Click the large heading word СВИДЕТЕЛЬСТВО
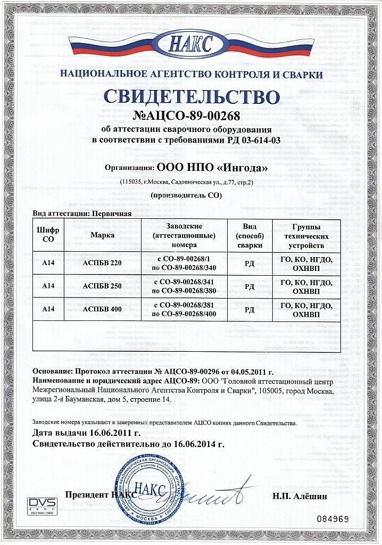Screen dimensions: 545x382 [191, 97]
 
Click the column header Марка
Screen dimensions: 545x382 [103, 234]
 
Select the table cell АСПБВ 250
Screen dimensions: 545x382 [103, 285]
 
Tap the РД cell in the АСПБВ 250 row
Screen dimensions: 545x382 [249, 286]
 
